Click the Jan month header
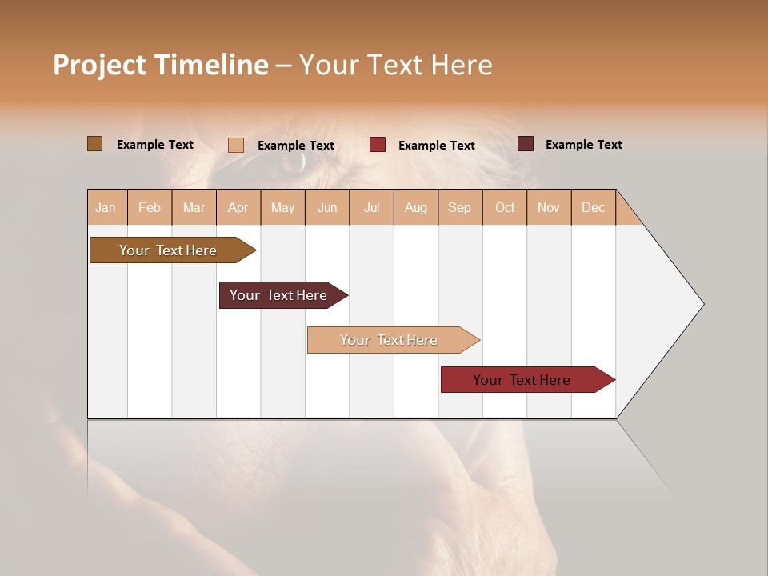tap(106, 207)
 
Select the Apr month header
tap(238, 207)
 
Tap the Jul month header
tap(372, 207)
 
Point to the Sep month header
tap(460, 207)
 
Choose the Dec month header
tap(594, 207)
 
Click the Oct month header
tap(505, 207)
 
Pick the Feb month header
tap(150, 207)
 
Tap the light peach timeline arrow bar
tap(390, 340)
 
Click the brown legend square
tap(94, 144)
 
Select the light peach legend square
tap(235, 145)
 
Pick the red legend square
tap(378, 145)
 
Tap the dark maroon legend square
tap(526, 144)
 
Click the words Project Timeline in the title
tap(160, 65)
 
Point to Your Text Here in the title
tap(395, 65)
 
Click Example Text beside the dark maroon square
tap(583, 145)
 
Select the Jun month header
tap(327, 207)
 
